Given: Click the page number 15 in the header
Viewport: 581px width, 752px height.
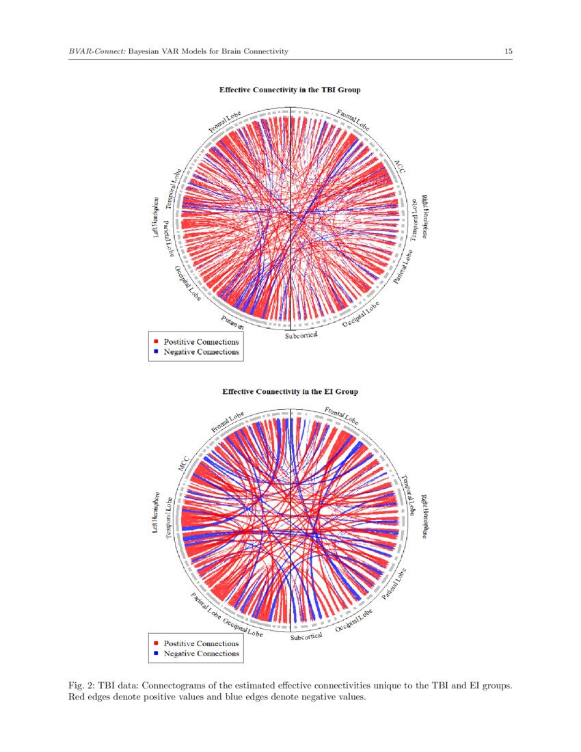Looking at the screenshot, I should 509,51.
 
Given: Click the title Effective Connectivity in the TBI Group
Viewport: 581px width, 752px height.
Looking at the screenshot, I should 290,90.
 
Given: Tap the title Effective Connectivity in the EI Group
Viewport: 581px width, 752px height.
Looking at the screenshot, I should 290,392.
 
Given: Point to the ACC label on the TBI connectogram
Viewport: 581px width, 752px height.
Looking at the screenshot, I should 399,167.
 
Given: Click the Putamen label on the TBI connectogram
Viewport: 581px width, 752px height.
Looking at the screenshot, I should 232,323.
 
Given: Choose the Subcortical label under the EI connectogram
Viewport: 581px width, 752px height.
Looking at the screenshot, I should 306,637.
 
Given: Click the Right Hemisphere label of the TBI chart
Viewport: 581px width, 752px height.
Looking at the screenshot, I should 424,217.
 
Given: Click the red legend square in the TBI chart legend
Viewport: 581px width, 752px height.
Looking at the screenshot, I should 157,341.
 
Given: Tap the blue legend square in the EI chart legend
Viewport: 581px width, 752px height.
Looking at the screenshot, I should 157,654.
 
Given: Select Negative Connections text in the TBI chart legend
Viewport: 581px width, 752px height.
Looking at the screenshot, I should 201,352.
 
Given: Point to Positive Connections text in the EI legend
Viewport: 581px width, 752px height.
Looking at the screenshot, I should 201,643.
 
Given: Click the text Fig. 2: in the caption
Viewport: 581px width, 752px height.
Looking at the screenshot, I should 81,685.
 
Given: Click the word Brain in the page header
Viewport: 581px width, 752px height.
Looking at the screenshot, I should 230,51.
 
